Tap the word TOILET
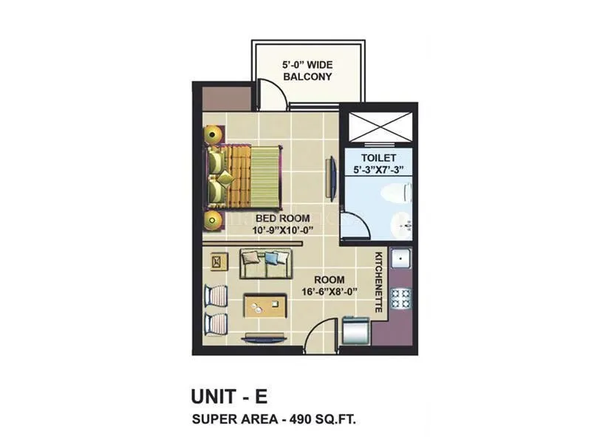379,159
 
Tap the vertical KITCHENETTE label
378,281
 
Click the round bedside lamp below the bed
214,219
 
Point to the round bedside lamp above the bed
213,134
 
